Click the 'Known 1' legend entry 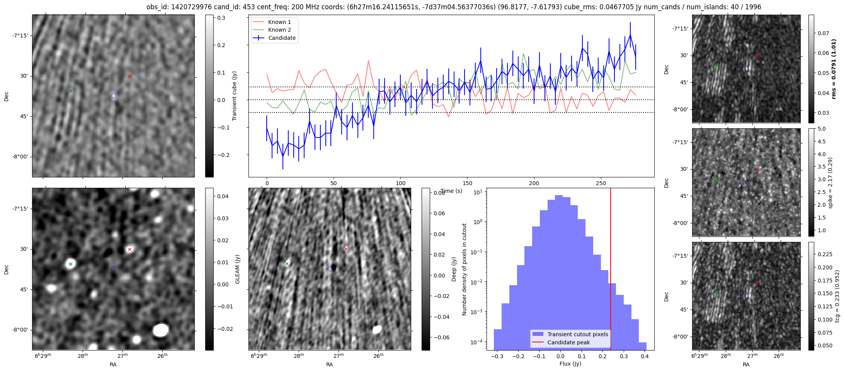(x=279, y=22)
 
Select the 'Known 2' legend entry (x=279, y=30)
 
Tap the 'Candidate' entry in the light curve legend (x=282, y=38)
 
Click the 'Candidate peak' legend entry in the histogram (x=568, y=342)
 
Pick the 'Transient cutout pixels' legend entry (x=577, y=334)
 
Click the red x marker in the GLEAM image (x=129, y=249)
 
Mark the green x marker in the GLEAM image (x=70, y=264)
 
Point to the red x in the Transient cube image (x=129, y=76)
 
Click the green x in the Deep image (x=287, y=264)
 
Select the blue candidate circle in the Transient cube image (x=114, y=95)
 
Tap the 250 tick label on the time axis (x=601, y=183)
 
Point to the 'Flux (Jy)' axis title (x=570, y=364)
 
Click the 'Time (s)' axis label (x=451, y=191)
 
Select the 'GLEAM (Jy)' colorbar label (x=237, y=269)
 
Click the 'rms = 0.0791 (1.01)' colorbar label (x=834, y=69)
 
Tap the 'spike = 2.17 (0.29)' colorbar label (x=830, y=182)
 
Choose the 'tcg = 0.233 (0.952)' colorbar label (x=837, y=296)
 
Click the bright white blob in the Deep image (x=377, y=329)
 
